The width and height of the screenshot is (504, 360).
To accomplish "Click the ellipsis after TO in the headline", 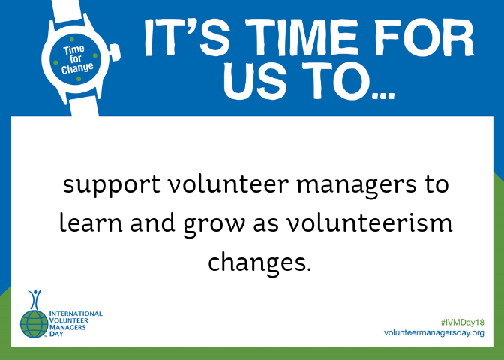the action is (382, 95).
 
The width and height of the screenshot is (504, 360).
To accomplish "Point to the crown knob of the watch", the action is (115, 52).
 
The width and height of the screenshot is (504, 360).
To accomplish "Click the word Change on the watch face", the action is (77, 67).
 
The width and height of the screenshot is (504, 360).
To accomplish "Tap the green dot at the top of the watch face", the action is (72, 40).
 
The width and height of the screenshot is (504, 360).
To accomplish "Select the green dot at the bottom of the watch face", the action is (79, 79).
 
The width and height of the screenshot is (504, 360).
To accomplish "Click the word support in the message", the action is (111, 185).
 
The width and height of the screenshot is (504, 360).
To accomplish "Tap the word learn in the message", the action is (91, 223).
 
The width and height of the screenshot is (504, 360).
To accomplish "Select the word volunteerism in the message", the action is (370, 223).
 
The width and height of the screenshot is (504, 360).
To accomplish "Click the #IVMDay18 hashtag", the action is (463, 322).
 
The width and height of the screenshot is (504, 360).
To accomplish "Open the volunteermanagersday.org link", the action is (434, 333).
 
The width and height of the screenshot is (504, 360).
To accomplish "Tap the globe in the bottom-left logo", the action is (34, 324).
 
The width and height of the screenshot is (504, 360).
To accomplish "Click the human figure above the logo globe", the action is (34, 299).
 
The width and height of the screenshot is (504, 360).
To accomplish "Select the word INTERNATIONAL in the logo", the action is (76, 313).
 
